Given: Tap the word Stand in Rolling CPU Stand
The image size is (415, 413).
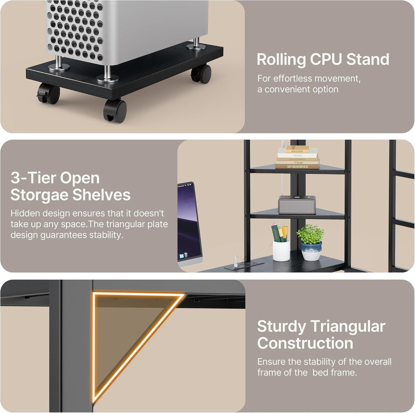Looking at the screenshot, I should pyautogui.click(x=368, y=59).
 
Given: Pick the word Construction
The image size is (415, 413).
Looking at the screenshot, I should pyautogui.click(x=305, y=343).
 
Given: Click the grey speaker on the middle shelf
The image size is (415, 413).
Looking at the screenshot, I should pyautogui.click(x=296, y=205).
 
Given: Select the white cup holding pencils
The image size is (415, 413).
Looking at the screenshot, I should pyautogui.click(x=281, y=250).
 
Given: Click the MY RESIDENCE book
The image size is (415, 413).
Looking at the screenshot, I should pyautogui.click(x=297, y=167).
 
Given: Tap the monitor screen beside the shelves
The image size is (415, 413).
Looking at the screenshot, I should pyautogui.click(x=189, y=222).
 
